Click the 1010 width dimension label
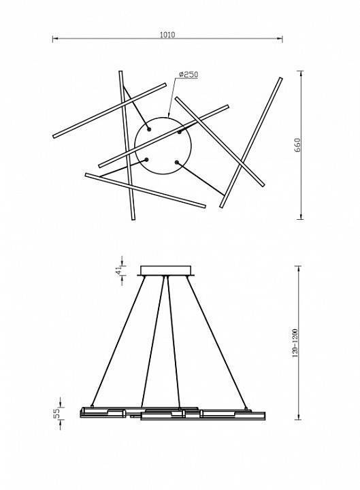(x=167, y=35)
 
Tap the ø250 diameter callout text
(x=189, y=74)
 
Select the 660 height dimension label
(x=297, y=146)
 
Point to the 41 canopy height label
(x=118, y=270)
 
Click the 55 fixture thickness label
(x=56, y=413)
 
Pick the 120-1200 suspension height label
(x=295, y=343)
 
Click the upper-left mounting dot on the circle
(x=149, y=129)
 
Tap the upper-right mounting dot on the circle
(x=180, y=132)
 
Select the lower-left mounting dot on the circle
(x=146, y=160)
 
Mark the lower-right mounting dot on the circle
(x=176, y=162)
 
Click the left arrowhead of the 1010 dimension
(x=55, y=39)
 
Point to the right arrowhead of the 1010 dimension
(x=280, y=39)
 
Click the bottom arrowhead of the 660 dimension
(x=301, y=216)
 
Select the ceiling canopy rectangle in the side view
(x=165, y=271)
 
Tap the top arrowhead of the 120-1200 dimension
(x=299, y=269)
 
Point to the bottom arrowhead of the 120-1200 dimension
(x=299, y=416)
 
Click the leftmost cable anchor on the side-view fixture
(x=92, y=406)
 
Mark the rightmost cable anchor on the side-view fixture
(x=246, y=408)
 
